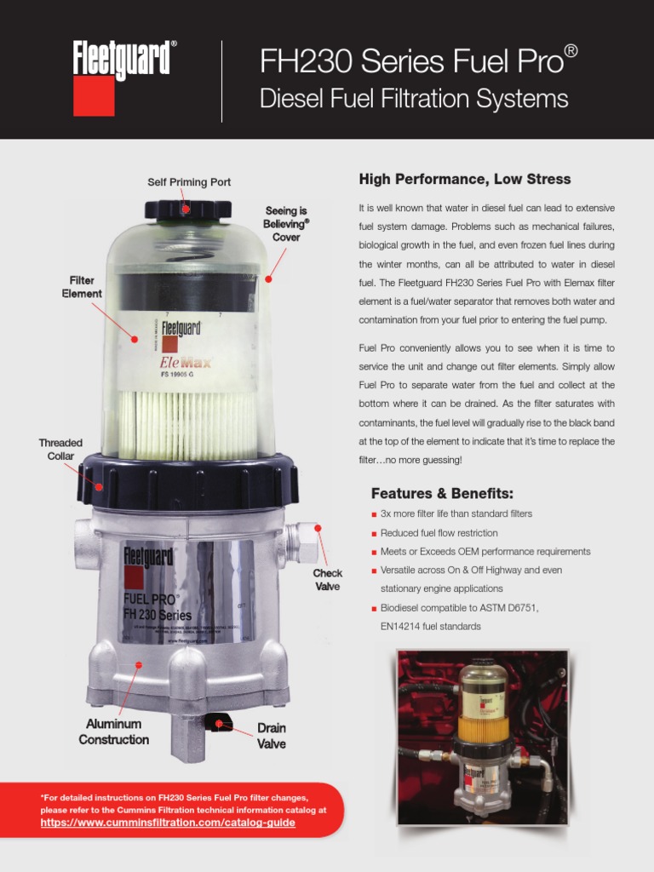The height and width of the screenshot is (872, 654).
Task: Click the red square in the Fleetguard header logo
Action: (94, 96)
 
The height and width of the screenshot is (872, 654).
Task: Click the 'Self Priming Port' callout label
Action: (189, 182)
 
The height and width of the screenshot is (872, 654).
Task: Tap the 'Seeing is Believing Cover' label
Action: (286, 224)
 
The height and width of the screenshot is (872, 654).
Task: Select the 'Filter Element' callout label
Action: (82, 287)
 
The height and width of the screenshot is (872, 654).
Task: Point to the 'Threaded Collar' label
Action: (60, 450)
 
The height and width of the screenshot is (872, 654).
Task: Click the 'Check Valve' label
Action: (327, 580)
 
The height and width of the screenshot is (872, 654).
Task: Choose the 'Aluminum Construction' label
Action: (114, 731)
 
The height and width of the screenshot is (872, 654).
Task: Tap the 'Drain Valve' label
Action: (272, 736)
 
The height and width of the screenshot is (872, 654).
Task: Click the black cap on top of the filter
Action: (188, 209)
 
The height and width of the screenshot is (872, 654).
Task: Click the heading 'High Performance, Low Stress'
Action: (465, 180)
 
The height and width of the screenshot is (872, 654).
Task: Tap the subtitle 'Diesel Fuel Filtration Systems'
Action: (413, 100)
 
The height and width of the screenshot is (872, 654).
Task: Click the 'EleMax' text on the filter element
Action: (186, 361)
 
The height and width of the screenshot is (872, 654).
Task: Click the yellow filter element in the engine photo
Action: (484, 728)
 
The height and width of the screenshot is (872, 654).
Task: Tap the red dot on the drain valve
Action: (219, 724)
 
